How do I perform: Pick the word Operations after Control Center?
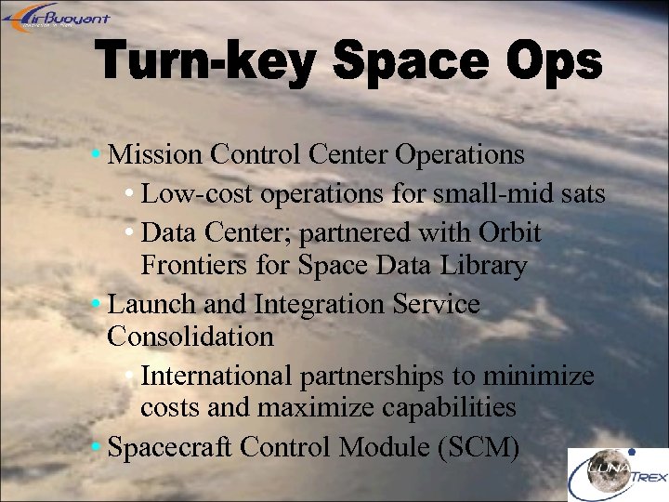(x=459, y=154)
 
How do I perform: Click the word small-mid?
(x=515, y=194)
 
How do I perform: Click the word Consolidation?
(x=190, y=336)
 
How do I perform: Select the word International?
(x=216, y=376)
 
